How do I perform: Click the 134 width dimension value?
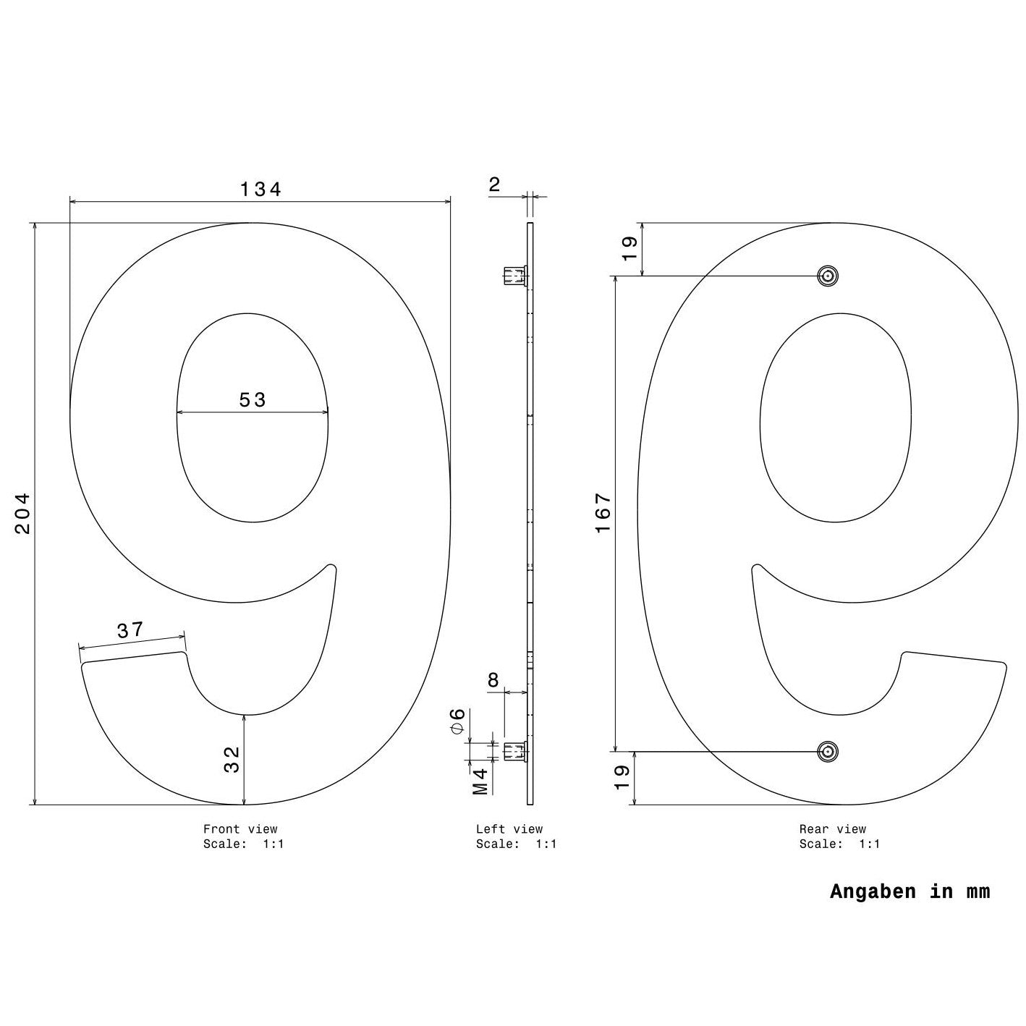click(x=260, y=189)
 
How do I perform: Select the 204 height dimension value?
click(x=22, y=513)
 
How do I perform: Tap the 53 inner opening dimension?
click(x=253, y=400)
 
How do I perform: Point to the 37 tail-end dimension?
click(x=130, y=630)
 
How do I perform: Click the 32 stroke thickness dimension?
click(x=232, y=759)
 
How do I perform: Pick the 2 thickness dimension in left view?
click(x=495, y=185)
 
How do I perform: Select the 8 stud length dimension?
click(x=493, y=680)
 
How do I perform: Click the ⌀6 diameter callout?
click(x=458, y=721)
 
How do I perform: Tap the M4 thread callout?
click(x=480, y=781)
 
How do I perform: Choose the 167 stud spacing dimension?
click(x=603, y=513)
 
